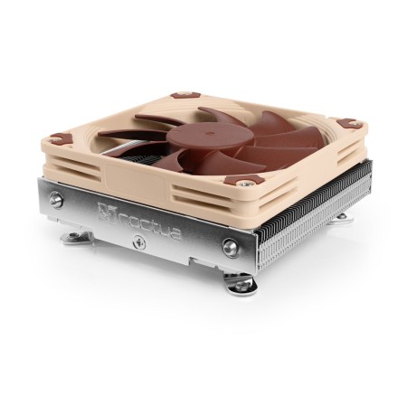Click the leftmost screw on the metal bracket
(x=56, y=201)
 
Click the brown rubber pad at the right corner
(x=344, y=123)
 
